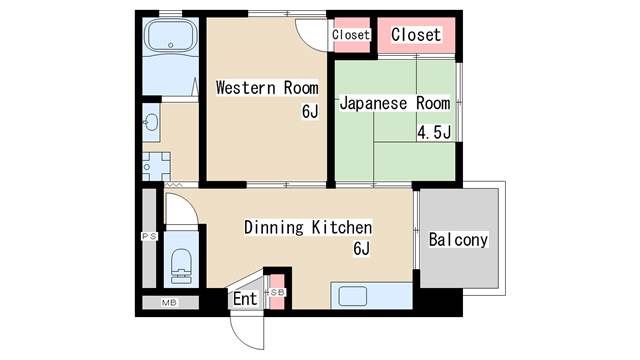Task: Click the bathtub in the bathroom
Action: coord(171,36)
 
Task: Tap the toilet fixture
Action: coord(181,265)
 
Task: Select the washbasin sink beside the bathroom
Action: coord(152,122)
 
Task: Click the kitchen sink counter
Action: coord(371,296)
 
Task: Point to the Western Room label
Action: coord(267,88)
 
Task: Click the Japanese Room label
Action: coord(395,103)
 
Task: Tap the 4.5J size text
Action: coord(434,132)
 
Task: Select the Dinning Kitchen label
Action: coord(308,227)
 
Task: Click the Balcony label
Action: coord(458,240)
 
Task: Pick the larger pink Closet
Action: coord(416,35)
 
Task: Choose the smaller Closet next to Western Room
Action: coord(351,35)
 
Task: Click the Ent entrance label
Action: coord(245,299)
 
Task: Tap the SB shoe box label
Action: coord(278,292)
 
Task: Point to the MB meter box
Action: coord(169,303)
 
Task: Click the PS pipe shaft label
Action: coord(149,236)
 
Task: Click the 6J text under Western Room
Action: coord(310,111)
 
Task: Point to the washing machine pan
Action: coord(156,167)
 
